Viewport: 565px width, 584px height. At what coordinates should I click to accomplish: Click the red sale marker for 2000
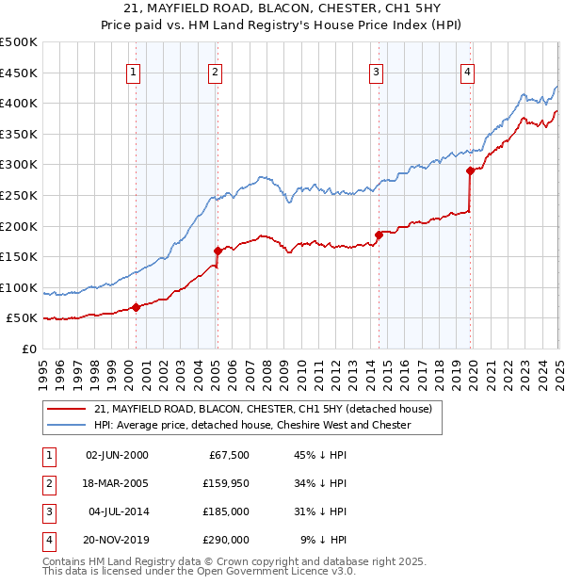(136, 306)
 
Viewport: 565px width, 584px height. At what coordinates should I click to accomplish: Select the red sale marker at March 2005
(218, 251)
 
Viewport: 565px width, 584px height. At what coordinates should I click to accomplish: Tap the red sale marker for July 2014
(378, 235)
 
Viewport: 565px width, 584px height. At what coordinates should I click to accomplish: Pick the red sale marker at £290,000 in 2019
(470, 170)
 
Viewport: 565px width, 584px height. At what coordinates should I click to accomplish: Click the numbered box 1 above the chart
(133, 72)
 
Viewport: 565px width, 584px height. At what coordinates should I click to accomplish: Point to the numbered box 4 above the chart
(467, 72)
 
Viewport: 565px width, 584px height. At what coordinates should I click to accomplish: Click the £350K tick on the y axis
(21, 134)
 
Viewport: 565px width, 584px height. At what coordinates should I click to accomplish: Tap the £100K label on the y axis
(21, 287)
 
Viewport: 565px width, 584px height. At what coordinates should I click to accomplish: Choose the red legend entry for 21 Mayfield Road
(263, 409)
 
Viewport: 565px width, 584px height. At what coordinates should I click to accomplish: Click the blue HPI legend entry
(252, 425)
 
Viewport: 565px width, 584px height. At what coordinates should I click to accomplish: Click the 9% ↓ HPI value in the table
(323, 540)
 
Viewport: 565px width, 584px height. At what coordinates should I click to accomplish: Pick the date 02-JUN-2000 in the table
(116, 455)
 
